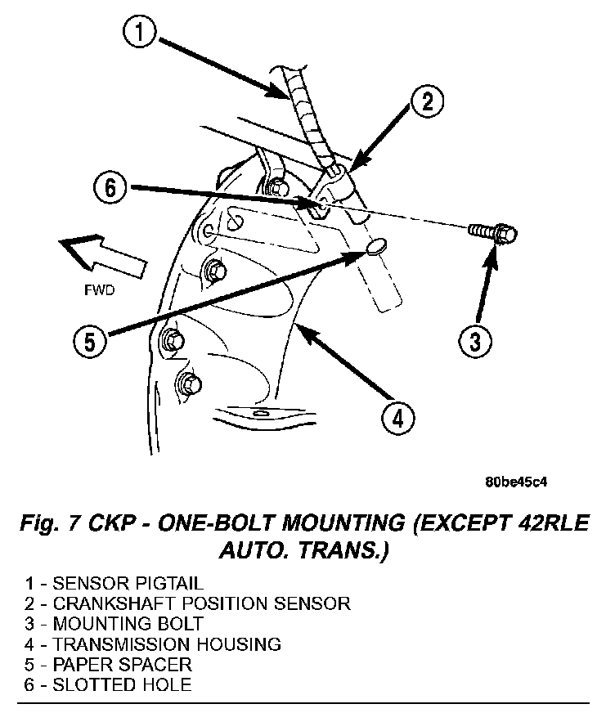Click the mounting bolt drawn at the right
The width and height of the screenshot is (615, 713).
coord(492,232)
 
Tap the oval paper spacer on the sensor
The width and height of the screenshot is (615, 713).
coord(375,248)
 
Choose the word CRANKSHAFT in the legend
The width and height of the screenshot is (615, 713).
coord(110,604)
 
